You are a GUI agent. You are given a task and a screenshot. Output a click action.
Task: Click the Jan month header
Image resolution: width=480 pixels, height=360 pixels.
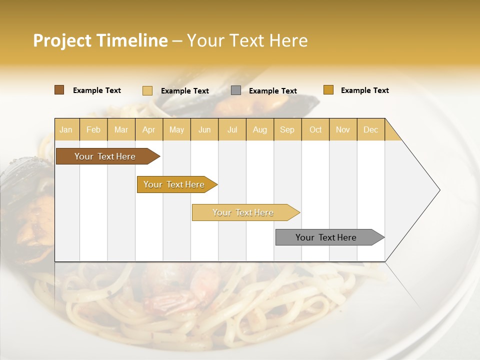click(66, 129)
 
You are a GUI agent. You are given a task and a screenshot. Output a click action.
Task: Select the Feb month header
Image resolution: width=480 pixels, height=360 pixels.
click(93, 129)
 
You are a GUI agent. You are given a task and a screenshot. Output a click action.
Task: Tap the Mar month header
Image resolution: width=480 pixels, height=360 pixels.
click(121, 129)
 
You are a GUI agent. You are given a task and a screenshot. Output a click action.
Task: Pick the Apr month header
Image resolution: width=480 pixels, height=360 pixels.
click(149, 129)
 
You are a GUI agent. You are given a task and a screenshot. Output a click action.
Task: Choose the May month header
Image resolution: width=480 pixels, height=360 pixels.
click(176, 129)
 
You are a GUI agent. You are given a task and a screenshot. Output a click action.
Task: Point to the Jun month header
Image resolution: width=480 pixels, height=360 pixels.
click(204, 129)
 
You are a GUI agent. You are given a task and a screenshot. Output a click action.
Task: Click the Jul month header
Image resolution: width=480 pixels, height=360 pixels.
click(232, 129)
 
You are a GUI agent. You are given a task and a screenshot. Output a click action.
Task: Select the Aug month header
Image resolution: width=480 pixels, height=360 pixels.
click(260, 129)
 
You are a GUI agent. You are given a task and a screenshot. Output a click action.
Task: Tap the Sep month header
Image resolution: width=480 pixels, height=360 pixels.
click(287, 129)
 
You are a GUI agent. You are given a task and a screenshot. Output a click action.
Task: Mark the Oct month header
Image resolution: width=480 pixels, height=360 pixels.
click(315, 129)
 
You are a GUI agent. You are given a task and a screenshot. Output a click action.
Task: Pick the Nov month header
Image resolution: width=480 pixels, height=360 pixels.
click(343, 129)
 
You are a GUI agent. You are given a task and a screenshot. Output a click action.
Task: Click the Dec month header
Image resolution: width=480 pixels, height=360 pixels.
click(371, 129)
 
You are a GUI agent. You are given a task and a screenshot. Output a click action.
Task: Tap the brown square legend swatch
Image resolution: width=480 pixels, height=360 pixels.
click(59, 90)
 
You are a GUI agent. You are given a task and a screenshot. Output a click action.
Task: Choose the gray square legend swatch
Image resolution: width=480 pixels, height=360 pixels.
click(236, 90)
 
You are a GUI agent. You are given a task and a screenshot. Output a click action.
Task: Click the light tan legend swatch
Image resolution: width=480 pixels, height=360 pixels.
click(147, 90)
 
